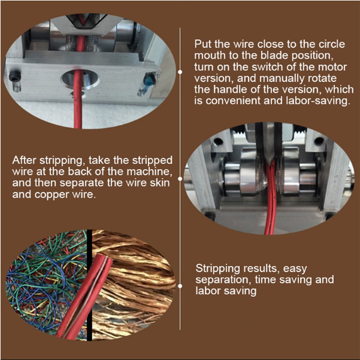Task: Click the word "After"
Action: click(x=24, y=160)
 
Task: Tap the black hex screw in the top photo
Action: click(x=15, y=76)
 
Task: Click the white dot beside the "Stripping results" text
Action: click(x=180, y=285)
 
